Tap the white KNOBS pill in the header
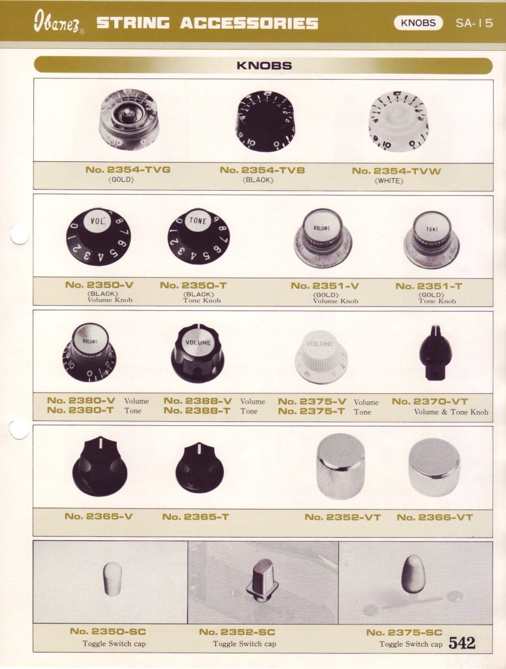418,23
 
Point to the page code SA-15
474,23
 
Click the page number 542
462,642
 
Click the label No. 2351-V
325,286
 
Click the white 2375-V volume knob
321,356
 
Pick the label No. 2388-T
197,411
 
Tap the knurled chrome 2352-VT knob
341,466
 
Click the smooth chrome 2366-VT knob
434,466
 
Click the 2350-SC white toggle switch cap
112,578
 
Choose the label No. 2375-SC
404,632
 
